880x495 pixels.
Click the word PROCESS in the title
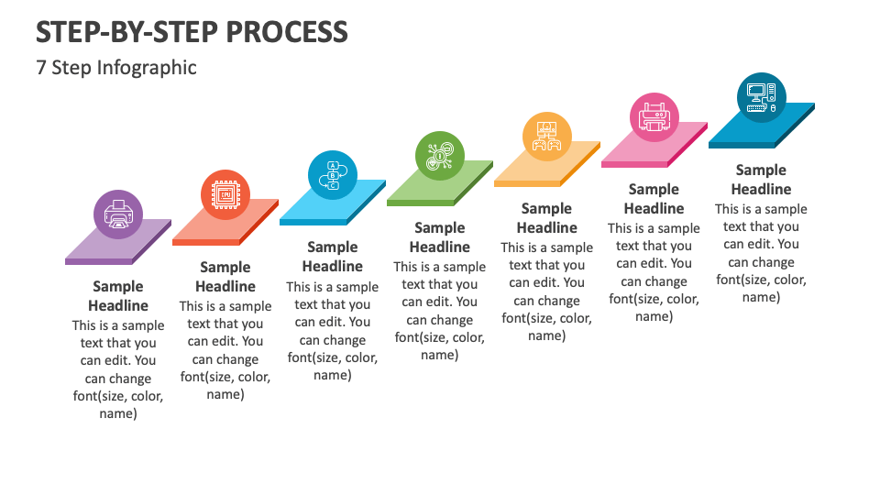287,32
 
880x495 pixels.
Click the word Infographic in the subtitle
147,68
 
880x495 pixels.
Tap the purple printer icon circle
118,214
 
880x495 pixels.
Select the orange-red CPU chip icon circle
225,194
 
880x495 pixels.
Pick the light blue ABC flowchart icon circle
332,175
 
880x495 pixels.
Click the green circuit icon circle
439,156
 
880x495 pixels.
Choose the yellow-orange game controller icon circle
546,137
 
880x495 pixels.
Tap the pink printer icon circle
654,117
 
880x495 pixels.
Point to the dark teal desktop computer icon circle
761,98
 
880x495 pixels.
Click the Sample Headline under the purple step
118,296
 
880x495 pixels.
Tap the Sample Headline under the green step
439,237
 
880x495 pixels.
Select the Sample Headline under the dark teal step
761,180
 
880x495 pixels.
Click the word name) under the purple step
118,413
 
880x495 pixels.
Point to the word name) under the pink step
654,316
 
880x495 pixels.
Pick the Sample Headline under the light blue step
332,257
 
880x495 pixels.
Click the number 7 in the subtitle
41,68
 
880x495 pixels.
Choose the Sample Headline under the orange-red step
225,277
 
